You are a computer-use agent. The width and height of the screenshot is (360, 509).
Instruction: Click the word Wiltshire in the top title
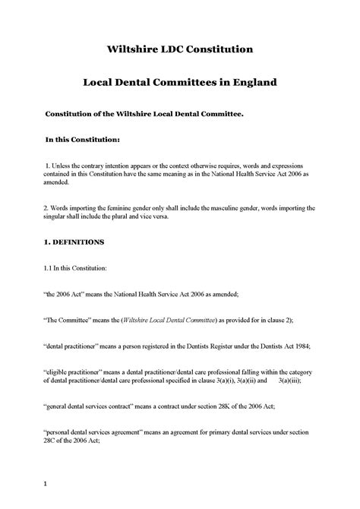pos(133,49)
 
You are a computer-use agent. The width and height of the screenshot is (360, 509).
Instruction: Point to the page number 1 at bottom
pos(46,483)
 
